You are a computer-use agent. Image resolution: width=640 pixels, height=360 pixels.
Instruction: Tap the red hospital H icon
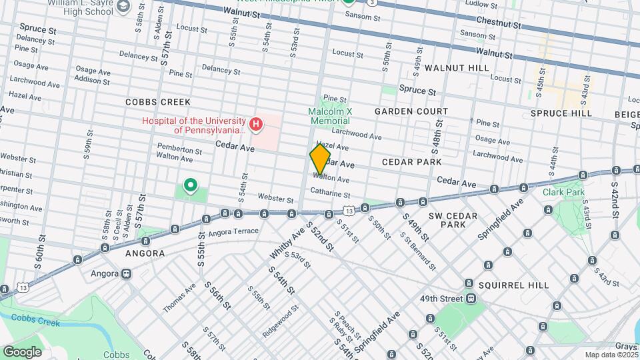(255, 124)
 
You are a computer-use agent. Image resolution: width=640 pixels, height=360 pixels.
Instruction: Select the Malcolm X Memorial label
(329, 116)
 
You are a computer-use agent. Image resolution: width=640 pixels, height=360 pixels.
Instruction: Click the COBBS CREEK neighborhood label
(158, 102)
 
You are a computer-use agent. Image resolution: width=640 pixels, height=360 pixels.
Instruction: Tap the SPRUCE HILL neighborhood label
(561, 113)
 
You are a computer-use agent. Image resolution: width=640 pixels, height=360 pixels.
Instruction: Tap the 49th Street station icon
(471, 298)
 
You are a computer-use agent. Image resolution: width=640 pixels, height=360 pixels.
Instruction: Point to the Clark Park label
(563, 192)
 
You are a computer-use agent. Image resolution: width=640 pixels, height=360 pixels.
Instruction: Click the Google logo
(21, 352)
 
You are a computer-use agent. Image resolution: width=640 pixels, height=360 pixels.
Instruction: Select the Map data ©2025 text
(611, 355)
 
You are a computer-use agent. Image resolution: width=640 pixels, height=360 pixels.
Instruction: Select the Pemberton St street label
(179, 151)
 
